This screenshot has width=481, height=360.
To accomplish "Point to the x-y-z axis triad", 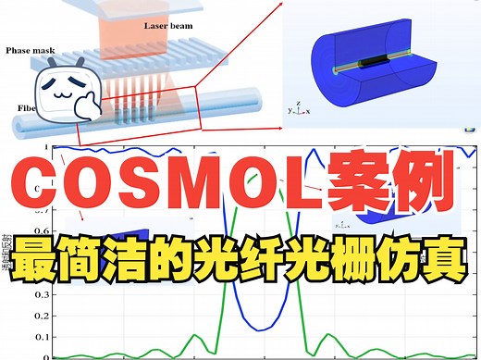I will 294,107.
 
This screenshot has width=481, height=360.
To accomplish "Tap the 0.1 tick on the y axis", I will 47,337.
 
